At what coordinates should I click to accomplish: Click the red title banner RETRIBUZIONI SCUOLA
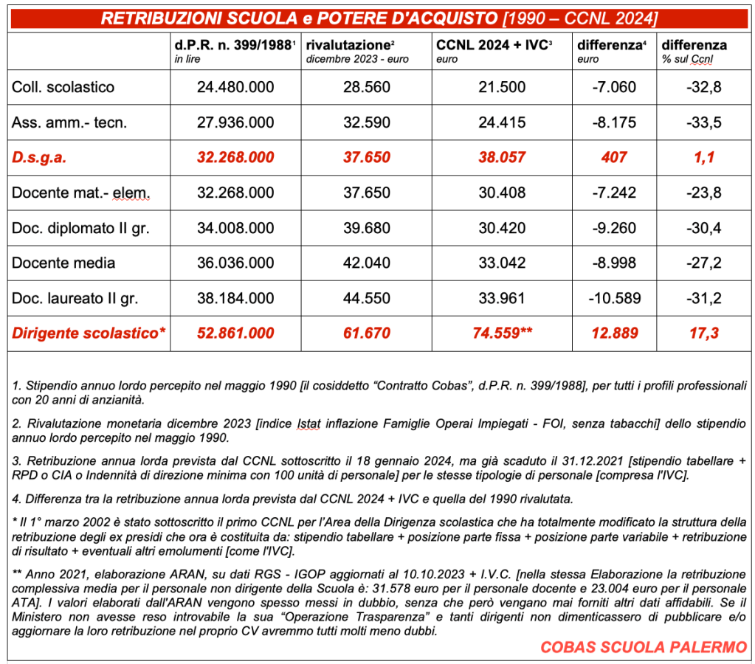[x=379, y=18]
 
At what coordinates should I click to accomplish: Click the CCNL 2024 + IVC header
[x=494, y=46]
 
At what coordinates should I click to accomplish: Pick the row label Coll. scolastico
[x=63, y=87]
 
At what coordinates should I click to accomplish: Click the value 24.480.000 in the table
[x=235, y=87]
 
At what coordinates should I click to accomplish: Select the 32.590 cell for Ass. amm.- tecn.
[x=367, y=122]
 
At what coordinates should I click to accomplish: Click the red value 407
[x=614, y=157]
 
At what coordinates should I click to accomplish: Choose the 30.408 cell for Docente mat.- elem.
[x=502, y=193]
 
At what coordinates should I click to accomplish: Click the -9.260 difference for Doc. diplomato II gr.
[x=614, y=228]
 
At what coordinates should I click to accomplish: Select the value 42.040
[x=367, y=263]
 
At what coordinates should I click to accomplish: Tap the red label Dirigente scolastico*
[x=89, y=333]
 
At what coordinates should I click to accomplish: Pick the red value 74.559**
[x=502, y=333]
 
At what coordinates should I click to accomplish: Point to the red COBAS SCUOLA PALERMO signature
[x=644, y=647]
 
